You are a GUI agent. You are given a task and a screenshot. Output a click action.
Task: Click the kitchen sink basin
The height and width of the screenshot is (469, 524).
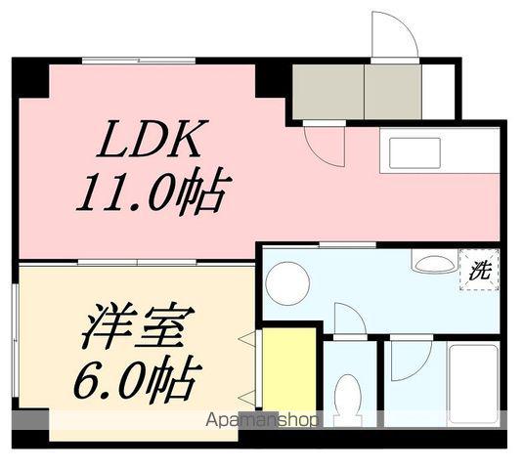click(421, 153)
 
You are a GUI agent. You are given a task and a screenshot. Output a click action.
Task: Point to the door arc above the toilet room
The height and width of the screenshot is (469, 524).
click(349, 320)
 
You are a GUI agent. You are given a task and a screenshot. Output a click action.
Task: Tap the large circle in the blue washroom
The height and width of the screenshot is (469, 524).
click(287, 282)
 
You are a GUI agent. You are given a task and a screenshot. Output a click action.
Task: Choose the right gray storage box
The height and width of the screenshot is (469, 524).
click(394, 92)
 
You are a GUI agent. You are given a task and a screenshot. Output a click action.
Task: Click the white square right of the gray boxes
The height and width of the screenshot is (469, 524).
click(439, 91)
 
